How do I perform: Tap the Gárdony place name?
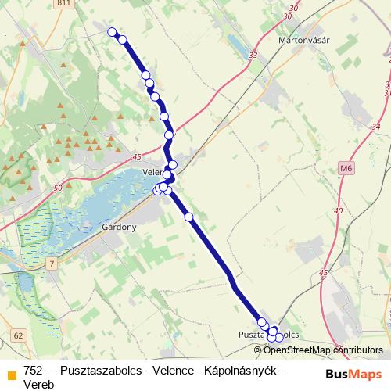click(x=120, y=228)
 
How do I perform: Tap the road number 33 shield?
click(x=252, y=56)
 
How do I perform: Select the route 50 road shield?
click(x=59, y=188)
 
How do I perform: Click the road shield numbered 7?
click(x=52, y=264)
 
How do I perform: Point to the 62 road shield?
click(x=19, y=335)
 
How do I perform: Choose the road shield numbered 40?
click(x=338, y=211)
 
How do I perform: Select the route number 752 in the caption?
click(x=33, y=370)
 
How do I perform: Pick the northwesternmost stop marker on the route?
click(x=112, y=32)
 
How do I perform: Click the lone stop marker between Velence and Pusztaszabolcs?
click(x=188, y=217)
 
